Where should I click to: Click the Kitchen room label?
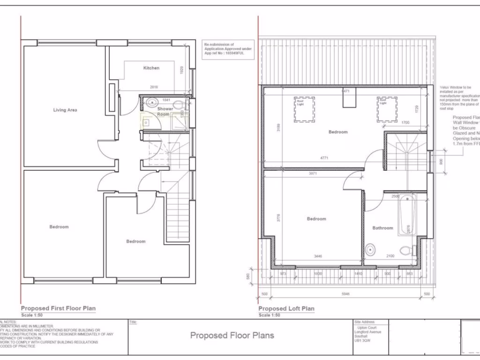tap(151, 68)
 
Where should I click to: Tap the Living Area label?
tap(65, 110)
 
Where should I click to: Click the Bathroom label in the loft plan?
tap(382, 228)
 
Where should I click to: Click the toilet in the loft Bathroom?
tap(408, 250)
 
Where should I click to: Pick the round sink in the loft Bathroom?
tap(370, 249)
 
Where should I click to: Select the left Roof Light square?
tap(300, 109)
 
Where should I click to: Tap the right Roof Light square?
tap(387, 109)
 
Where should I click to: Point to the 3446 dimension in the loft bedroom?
tap(318, 256)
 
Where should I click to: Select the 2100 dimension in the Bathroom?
tap(390, 256)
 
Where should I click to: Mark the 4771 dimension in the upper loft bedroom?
tap(324, 158)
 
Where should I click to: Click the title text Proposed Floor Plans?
tap(232, 335)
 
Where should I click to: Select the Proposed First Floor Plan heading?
tap(58, 308)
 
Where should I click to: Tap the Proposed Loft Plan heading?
tap(286, 308)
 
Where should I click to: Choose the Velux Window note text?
tap(459, 97)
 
